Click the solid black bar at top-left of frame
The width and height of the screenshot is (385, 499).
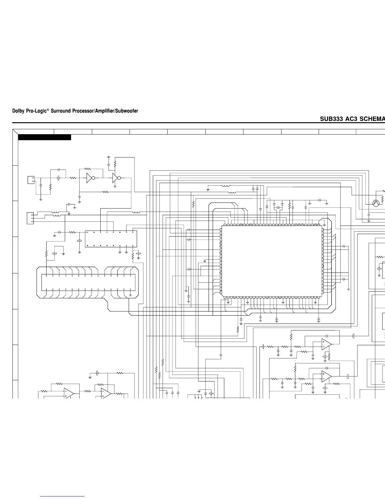click(44, 137)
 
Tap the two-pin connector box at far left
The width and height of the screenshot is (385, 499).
click(31, 180)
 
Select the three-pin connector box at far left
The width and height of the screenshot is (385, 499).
click(30, 218)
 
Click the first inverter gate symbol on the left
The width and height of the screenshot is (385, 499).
click(90, 178)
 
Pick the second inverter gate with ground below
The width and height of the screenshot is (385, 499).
click(116, 178)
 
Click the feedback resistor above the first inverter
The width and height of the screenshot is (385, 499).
click(88, 169)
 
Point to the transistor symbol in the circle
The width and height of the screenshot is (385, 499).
click(376, 203)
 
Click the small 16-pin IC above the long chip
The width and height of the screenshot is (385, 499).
click(111, 239)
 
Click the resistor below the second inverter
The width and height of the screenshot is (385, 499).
click(105, 192)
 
